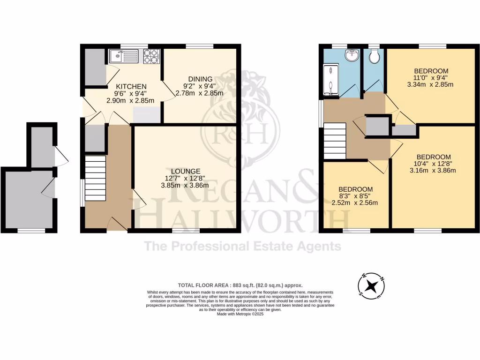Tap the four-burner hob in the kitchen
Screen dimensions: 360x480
pos(152,57)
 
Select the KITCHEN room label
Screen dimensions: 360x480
pos(132,86)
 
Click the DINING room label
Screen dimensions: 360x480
pos(201,79)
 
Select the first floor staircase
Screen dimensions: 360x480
pos(335,141)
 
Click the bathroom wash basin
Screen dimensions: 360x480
pos(351,56)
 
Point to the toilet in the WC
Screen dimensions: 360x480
pos(374,57)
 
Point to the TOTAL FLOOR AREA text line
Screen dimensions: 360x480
pos(240,285)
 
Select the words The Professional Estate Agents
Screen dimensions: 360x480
pos(242,246)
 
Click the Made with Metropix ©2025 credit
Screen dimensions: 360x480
pos(240,314)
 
